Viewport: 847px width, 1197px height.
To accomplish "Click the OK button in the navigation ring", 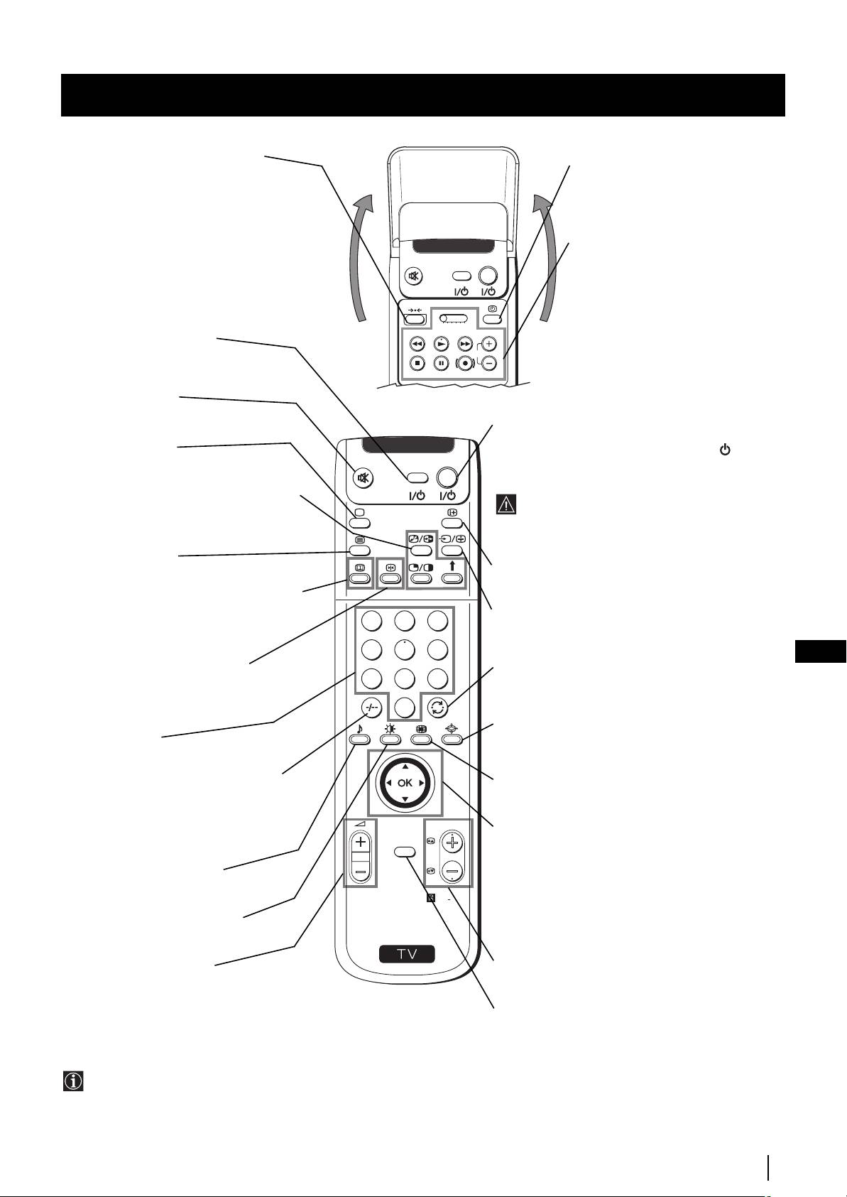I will click(x=405, y=783).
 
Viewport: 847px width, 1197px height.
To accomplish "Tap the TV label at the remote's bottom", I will click(x=407, y=953).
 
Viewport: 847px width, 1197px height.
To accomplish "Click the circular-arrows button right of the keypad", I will click(x=437, y=707).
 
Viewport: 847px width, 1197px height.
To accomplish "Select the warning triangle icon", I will click(x=506, y=504).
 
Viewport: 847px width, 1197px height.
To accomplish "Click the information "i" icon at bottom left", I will click(x=73, y=1081).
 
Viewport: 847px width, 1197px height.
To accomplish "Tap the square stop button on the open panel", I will click(x=417, y=363).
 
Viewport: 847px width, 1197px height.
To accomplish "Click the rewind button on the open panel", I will click(x=417, y=343).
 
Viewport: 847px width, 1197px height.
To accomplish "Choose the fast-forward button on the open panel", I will click(x=464, y=343).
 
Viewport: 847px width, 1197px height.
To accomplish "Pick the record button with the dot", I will click(x=464, y=363).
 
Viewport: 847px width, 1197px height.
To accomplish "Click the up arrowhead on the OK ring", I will click(x=405, y=767).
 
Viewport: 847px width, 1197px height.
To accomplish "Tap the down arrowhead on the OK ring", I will click(x=405, y=799).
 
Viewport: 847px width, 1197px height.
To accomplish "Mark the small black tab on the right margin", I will click(x=821, y=651).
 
